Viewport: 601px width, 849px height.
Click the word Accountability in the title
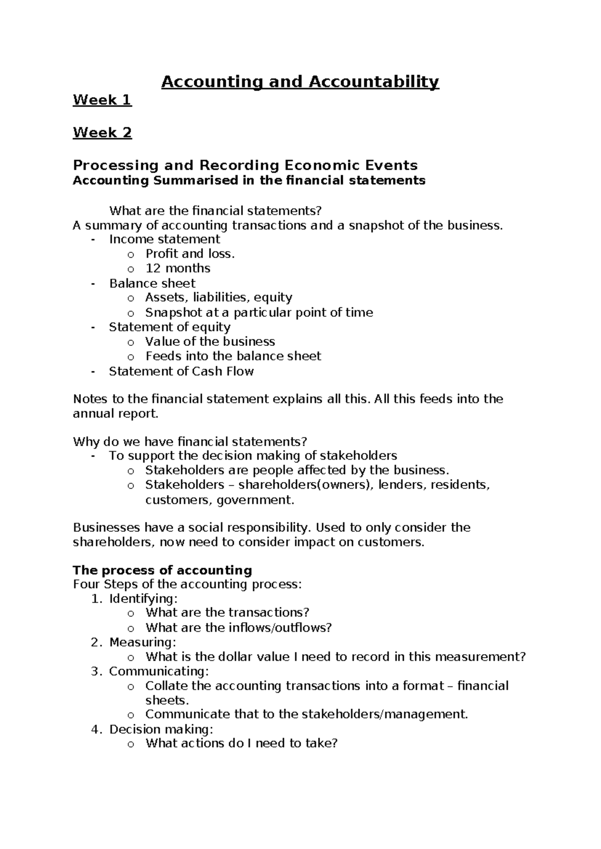[x=373, y=82]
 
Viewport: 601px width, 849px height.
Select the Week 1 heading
[x=102, y=100]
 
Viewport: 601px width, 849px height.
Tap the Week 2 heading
[x=102, y=133]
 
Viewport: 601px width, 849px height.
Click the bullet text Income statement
[x=164, y=239]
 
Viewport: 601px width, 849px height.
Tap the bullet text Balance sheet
[x=152, y=283]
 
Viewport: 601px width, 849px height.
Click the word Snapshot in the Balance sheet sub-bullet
[x=173, y=312]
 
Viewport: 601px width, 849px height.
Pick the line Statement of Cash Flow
[x=181, y=371]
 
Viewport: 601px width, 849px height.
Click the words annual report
[x=115, y=414]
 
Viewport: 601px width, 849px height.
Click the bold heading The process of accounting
[x=162, y=570]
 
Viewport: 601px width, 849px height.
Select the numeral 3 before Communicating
[x=96, y=671]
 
